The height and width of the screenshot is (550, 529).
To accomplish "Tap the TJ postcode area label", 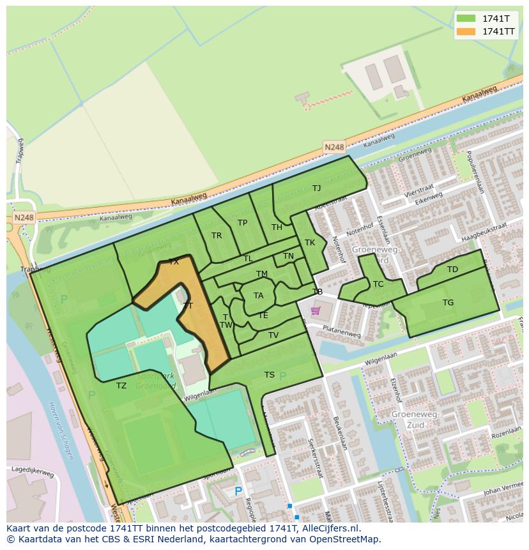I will [316, 188].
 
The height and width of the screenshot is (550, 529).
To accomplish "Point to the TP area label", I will [242, 223].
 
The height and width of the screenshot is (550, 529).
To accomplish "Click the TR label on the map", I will [217, 236].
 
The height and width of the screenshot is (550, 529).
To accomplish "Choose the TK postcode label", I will [310, 243].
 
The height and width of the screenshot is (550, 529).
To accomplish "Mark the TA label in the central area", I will [258, 296].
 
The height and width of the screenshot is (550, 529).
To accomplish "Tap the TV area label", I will [273, 335].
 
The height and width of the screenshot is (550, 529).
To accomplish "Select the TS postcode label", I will [270, 375].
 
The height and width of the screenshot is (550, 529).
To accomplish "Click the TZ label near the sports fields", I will [121, 386].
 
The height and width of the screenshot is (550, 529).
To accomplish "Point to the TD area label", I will [452, 270].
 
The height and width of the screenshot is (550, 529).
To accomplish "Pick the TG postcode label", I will [448, 303].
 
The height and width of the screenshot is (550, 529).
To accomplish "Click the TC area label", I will [378, 284].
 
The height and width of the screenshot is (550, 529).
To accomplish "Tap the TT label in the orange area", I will [188, 306].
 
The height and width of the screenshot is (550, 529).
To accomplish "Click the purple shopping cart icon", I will [315, 311].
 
